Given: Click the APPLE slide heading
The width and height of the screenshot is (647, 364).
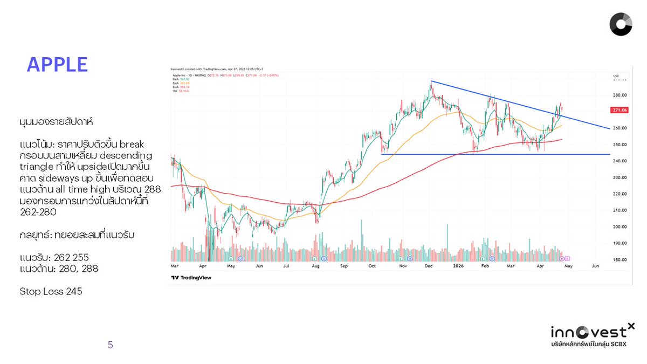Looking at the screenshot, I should coord(57,65).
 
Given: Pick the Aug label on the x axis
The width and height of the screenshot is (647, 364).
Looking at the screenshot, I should coord(316,266).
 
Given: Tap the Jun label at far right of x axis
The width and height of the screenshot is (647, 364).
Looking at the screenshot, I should coord(595,266).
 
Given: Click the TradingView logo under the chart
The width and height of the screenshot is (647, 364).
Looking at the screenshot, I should coord(191,278).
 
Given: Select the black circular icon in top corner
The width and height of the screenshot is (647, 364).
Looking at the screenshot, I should coord(621,25).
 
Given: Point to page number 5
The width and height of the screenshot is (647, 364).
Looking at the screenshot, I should coord(111,345).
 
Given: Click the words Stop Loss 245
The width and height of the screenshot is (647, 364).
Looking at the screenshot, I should coord(51,292).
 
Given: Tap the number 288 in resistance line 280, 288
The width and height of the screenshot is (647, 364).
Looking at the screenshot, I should coord(90,269).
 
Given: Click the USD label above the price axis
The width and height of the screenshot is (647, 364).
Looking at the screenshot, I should coord(617,75).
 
